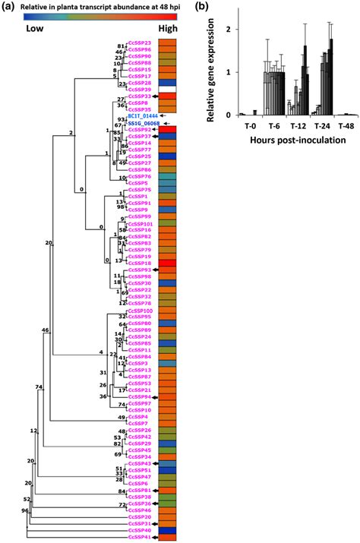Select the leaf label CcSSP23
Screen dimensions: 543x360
point(139,43)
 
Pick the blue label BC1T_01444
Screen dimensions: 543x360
point(144,115)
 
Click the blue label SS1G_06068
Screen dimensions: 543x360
point(144,122)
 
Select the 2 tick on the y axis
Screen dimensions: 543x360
point(229,30)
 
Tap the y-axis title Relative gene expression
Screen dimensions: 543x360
point(211,61)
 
